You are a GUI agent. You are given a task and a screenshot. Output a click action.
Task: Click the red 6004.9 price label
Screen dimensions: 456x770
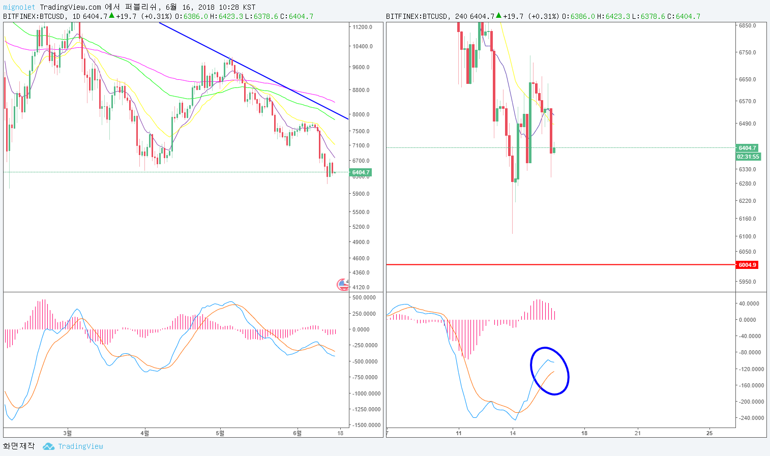click(747, 265)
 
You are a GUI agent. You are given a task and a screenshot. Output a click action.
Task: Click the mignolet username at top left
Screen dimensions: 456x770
click(19, 7)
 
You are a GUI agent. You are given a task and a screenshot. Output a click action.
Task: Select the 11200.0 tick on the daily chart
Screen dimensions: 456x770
click(362, 27)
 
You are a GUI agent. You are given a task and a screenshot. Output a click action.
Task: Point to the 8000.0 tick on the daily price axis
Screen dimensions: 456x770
click(361, 114)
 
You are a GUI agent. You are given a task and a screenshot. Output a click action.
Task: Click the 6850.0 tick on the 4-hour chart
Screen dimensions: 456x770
click(747, 25)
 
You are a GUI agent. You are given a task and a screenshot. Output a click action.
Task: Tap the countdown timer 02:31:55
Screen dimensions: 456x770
click(748, 157)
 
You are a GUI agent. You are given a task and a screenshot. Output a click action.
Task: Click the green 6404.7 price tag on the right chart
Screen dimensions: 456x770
click(747, 148)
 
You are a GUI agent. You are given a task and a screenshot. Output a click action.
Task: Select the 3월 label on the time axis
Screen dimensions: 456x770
click(67, 433)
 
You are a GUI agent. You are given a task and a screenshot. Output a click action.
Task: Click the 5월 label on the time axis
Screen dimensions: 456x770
click(220, 433)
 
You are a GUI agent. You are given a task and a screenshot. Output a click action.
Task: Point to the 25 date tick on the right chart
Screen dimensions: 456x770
click(709, 433)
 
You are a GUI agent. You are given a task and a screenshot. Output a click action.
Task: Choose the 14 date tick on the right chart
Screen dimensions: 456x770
click(513, 433)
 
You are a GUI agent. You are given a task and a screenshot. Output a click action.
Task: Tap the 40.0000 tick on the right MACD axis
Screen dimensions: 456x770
click(749, 303)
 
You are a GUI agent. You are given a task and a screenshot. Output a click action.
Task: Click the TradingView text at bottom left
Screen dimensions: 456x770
click(80, 446)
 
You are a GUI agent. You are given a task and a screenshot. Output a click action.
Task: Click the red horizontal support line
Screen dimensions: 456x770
click(559, 265)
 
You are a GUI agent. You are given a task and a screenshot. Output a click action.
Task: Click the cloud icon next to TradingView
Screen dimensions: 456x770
click(48, 446)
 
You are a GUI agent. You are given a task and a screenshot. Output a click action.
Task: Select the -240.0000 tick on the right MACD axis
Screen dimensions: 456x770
click(751, 418)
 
